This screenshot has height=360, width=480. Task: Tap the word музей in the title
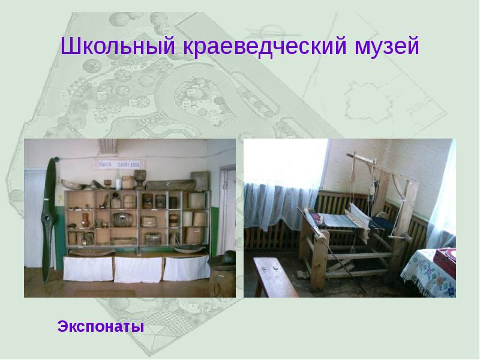(x=384, y=47)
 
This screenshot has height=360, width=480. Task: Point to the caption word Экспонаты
(x=101, y=328)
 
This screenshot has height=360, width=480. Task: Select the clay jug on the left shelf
(x=86, y=220)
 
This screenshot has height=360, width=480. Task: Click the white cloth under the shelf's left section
(x=88, y=268)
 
